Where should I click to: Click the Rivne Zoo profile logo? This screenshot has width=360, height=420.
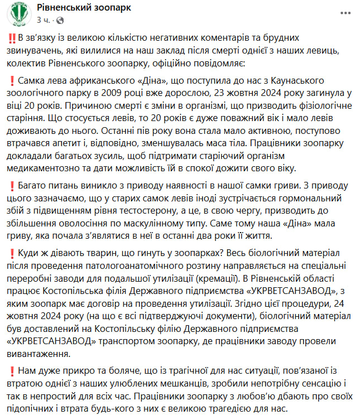[19, 15]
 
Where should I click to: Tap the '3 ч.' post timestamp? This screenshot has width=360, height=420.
[44, 20]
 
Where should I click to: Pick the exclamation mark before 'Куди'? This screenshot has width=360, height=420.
[12, 254]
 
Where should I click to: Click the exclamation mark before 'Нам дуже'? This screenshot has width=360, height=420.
[12, 370]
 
